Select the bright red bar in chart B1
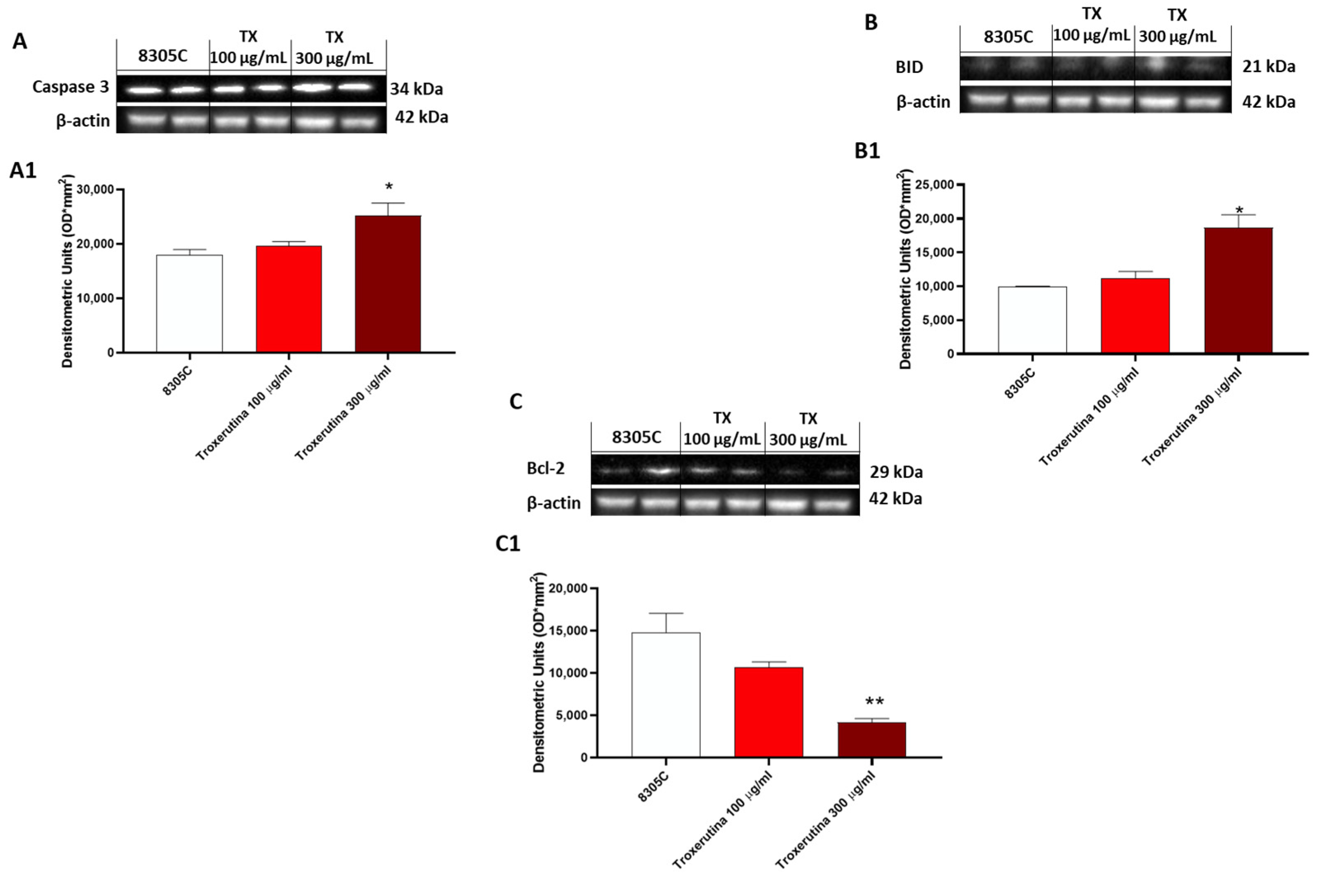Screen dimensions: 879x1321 pos(1135,316)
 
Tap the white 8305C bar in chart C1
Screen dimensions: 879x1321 pos(666,695)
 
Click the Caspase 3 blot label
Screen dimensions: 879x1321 pos(71,87)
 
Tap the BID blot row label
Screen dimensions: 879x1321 pos(909,67)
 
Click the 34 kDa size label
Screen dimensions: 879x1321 pos(416,89)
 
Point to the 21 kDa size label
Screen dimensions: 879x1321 pos(1268,67)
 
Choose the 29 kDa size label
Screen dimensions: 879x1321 pos(896,472)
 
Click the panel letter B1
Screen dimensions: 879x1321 pos(867,151)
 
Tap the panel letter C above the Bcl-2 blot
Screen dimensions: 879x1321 pos(515,402)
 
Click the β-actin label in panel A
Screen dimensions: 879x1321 pos(83,120)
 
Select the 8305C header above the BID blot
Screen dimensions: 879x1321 pos(1008,37)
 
